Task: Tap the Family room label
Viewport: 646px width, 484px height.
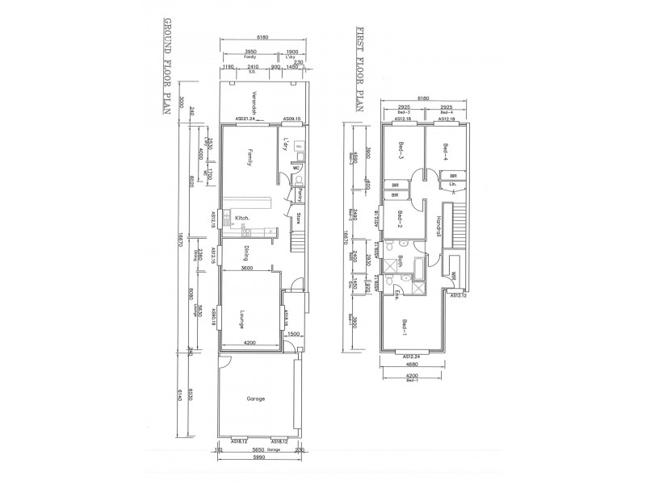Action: [250, 157]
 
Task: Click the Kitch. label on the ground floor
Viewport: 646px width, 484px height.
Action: [241, 219]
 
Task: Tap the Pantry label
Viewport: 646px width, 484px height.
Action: [298, 194]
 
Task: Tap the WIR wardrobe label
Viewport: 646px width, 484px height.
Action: [454, 277]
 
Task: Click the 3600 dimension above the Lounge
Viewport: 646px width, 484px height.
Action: [250, 269]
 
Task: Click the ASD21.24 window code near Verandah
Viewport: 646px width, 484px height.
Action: [245, 119]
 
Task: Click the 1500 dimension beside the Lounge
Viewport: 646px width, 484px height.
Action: [295, 333]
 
